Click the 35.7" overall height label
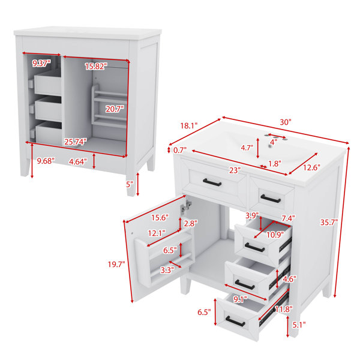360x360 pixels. point(329,222)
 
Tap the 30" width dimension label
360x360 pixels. point(286,122)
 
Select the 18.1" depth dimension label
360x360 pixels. point(189,125)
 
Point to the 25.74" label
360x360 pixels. point(76,142)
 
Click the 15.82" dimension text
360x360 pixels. point(96,67)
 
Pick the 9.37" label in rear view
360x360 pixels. point(41,63)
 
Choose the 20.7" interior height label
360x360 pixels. point(115,109)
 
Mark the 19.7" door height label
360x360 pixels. point(116,265)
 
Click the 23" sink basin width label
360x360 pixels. point(235,170)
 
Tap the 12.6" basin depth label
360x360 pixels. point(311,167)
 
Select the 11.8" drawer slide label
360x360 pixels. point(284,309)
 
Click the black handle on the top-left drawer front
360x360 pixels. point(212,182)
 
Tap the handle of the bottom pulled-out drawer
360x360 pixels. point(235,322)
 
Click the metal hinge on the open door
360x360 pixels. point(187,206)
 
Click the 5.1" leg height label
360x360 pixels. point(299,325)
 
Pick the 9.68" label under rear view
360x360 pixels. point(46,161)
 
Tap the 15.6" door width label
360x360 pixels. point(160,217)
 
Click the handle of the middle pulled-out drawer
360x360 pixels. point(245,284)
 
